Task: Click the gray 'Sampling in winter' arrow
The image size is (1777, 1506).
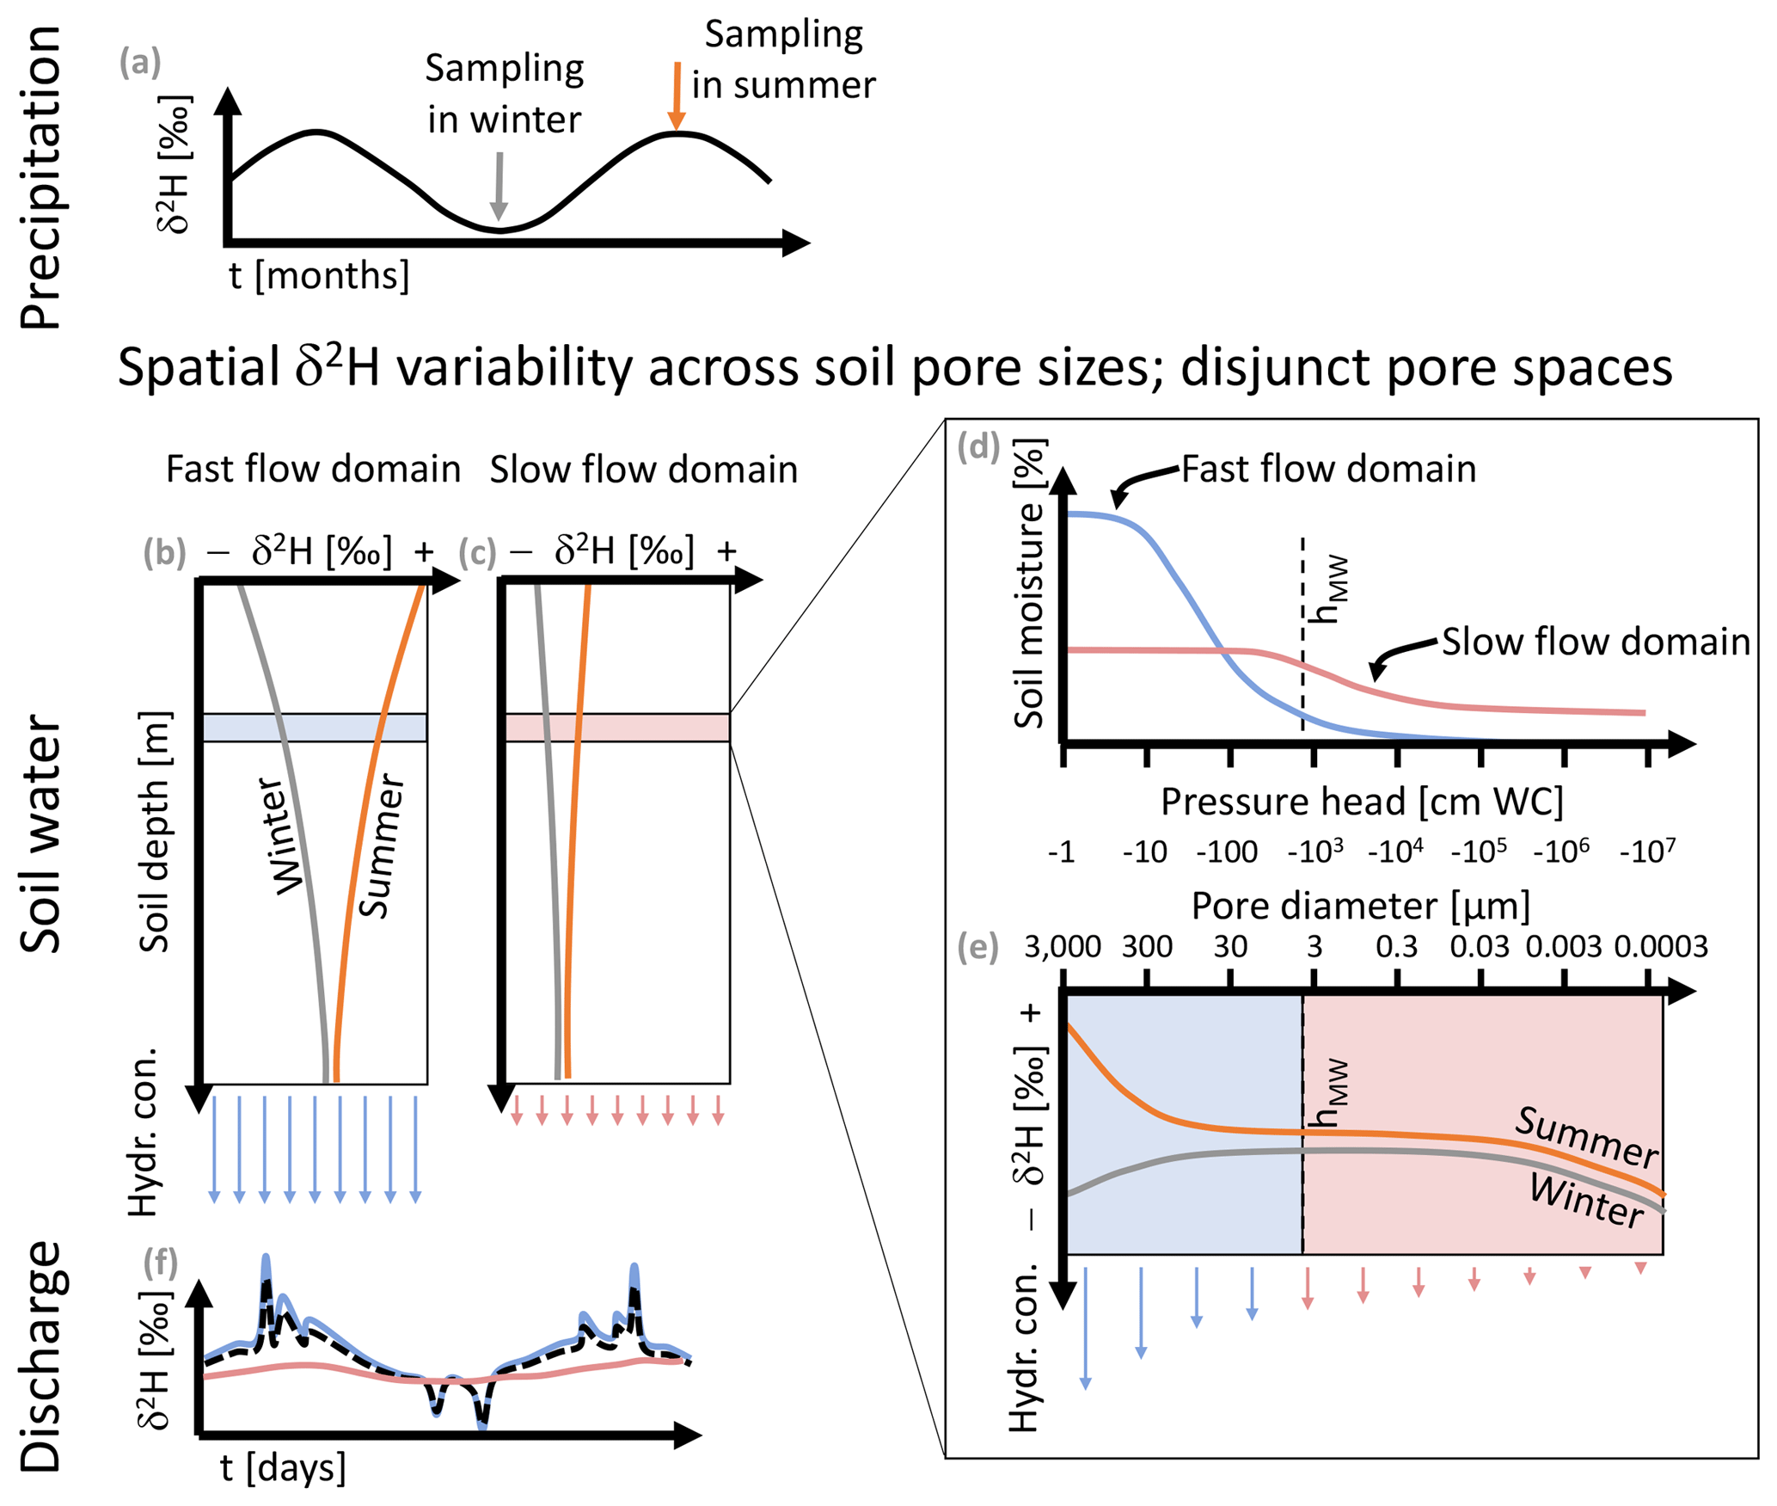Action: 499,186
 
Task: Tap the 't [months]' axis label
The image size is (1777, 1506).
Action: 319,276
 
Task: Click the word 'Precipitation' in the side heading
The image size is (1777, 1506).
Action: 41,178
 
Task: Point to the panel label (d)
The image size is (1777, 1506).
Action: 978,447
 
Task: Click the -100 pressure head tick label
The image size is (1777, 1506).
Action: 1227,852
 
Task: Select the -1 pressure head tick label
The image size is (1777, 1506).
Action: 1062,852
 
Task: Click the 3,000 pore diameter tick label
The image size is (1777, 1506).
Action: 1063,947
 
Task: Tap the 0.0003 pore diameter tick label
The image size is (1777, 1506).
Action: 1660,947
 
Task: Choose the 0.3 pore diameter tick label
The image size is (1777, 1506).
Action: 1396,947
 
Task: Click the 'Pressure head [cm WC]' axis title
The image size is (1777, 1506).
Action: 1362,802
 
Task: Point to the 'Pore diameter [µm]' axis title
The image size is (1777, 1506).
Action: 1361,907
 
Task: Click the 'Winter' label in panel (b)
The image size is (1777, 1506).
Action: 281,837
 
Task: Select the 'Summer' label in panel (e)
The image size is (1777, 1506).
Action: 1586,1137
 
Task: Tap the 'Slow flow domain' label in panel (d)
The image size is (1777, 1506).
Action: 1596,642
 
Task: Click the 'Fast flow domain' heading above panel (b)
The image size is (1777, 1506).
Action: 313,470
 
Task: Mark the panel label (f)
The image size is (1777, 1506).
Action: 161,1262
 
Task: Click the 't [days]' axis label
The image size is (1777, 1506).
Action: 283,1467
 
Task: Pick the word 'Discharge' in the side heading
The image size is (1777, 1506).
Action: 41,1356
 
